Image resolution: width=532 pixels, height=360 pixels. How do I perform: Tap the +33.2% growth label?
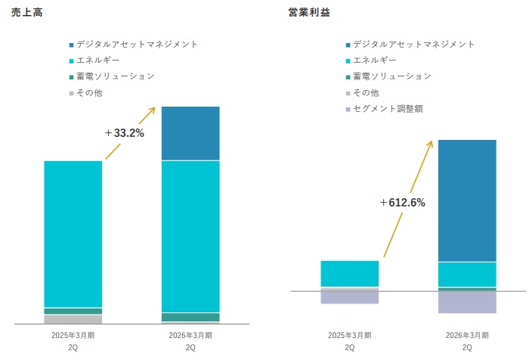pyautogui.click(x=124, y=133)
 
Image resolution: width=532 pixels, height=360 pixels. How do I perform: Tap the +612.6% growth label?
pyautogui.click(x=403, y=203)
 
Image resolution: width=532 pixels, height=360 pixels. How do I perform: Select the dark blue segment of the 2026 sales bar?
pyautogui.click(x=190, y=133)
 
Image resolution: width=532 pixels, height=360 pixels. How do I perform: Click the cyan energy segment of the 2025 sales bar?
pyautogui.click(x=73, y=233)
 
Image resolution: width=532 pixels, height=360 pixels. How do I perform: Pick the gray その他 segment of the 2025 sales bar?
pyautogui.click(x=73, y=319)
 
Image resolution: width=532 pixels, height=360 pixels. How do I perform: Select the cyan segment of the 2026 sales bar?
pyautogui.click(x=190, y=236)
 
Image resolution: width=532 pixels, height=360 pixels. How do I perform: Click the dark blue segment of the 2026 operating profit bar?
pyautogui.click(x=467, y=200)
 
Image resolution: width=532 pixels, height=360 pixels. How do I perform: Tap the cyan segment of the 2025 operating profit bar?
pyautogui.click(x=349, y=274)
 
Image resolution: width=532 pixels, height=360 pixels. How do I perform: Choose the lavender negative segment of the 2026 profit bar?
pyautogui.click(x=467, y=302)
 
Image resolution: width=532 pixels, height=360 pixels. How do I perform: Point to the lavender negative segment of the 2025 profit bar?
pyautogui.click(x=349, y=297)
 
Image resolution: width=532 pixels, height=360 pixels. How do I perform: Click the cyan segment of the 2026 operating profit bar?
pyautogui.click(x=467, y=274)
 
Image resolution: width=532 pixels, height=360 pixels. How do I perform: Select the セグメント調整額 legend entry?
pyautogui.click(x=388, y=109)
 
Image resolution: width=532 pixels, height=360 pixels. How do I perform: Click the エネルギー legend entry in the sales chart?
pyautogui.click(x=98, y=60)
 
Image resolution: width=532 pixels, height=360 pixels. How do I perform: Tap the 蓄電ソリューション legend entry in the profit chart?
pyautogui.click(x=391, y=76)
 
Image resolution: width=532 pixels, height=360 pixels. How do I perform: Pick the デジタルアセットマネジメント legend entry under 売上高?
pyautogui.click(x=137, y=44)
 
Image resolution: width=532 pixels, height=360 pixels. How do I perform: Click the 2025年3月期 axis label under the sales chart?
pyautogui.click(x=73, y=335)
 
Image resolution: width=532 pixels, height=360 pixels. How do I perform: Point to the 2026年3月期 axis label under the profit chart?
pyautogui.click(x=467, y=335)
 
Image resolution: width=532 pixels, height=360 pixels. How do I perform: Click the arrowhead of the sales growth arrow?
pyautogui.click(x=153, y=109)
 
